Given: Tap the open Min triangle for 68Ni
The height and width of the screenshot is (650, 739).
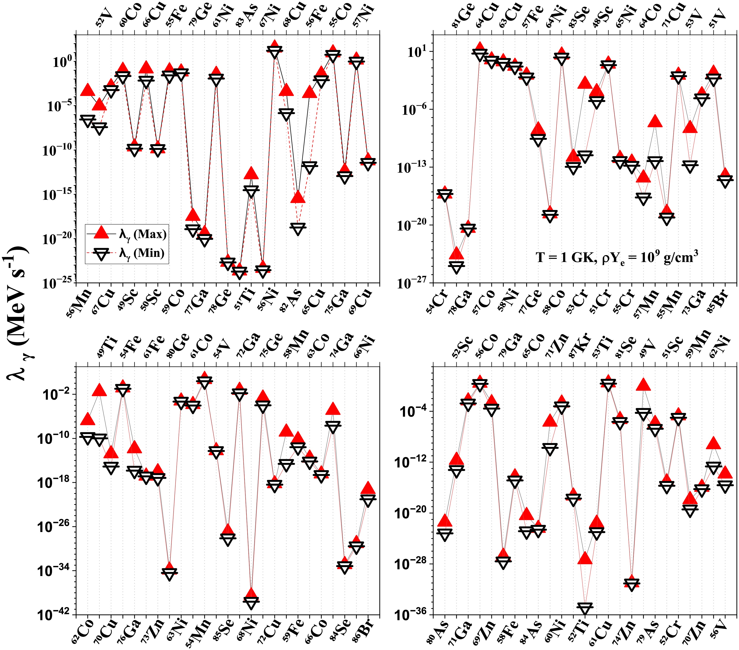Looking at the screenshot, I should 251,602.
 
